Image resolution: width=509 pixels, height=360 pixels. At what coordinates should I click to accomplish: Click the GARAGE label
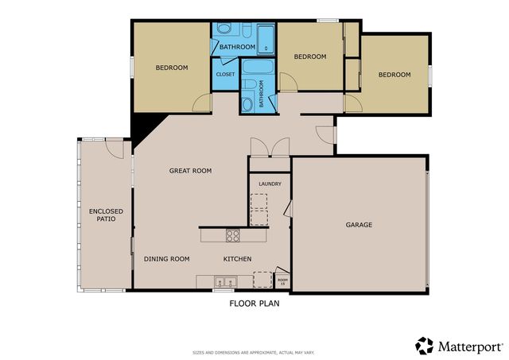[359, 225]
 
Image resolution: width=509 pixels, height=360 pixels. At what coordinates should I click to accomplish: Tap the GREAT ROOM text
[190, 171]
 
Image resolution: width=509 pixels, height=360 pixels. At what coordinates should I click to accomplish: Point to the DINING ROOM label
[166, 259]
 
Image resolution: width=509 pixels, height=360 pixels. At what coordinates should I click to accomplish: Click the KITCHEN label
[237, 259]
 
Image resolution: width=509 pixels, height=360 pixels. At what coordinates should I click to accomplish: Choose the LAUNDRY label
[270, 184]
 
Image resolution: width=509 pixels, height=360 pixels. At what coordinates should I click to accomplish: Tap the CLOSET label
[225, 74]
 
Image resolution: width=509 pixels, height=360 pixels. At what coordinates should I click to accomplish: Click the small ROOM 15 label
[282, 281]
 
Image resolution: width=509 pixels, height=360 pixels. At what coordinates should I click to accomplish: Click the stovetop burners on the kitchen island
[233, 235]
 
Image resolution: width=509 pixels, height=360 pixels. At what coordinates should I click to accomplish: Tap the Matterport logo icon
[424, 346]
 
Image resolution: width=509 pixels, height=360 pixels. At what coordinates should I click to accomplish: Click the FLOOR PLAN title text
[254, 303]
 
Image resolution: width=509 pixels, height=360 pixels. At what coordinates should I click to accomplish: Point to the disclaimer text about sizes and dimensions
[254, 352]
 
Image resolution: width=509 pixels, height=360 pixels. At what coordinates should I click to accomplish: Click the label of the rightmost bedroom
[394, 75]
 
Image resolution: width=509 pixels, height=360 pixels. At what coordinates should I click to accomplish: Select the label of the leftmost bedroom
[171, 68]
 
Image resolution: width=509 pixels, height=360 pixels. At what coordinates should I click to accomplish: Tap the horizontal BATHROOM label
[236, 47]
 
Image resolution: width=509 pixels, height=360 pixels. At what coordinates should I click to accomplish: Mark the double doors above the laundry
[269, 148]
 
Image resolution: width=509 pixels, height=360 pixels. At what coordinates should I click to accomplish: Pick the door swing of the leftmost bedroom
[204, 101]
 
